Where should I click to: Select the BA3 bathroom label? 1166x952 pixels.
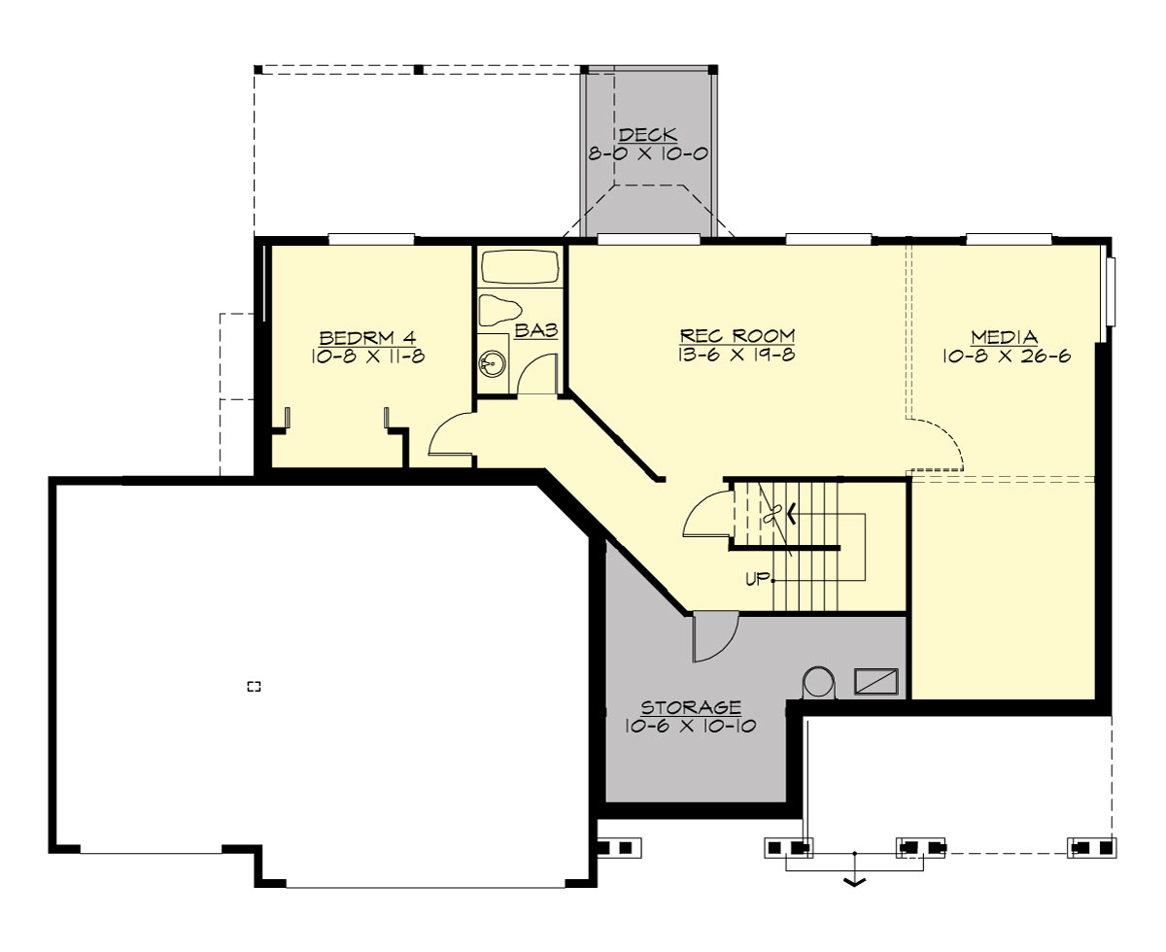pyautogui.click(x=535, y=331)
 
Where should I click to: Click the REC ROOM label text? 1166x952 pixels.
pyautogui.click(x=731, y=336)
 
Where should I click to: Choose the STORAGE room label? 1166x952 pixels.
pyautogui.click(x=691, y=707)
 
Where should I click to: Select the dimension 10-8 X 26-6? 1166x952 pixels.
pyautogui.click(x=1005, y=357)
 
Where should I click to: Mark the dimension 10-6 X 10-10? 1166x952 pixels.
pyautogui.click(x=691, y=726)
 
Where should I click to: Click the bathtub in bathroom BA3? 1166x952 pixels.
pyautogui.click(x=520, y=267)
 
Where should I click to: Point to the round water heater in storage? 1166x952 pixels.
pyautogui.click(x=818, y=682)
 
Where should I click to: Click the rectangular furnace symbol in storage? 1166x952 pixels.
pyautogui.click(x=875, y=681)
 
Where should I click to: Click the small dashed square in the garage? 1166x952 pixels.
pyautogui.click(x=254, y=687)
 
